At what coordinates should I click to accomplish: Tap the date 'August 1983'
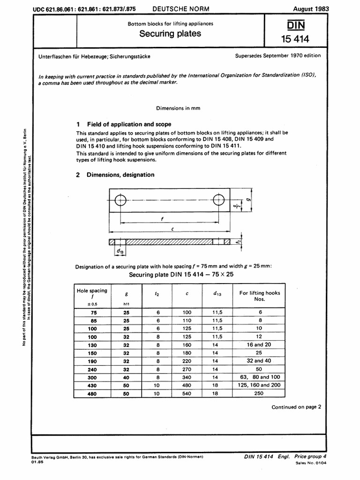pyautogui.click(x=310, y=9)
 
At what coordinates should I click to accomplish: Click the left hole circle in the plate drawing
pyautogui.click(x=120, y=200)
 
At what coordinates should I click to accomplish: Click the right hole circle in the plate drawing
pyautogui.click(x=218, y=200)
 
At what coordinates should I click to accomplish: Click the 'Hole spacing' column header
pyautogui.click(x=92, y=294)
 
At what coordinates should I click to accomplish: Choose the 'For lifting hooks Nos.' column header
pyautogui.click(x=259, y=296)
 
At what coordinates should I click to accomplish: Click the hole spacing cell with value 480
pyautogui.click(x=92, y=394)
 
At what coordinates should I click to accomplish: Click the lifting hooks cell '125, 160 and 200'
pyautogui.click(x=259, y=386)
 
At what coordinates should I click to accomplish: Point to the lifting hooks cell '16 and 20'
pyautogui.click(x=259, y=344)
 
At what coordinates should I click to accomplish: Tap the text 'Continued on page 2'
pyautogui.click(x=296, y=407)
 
